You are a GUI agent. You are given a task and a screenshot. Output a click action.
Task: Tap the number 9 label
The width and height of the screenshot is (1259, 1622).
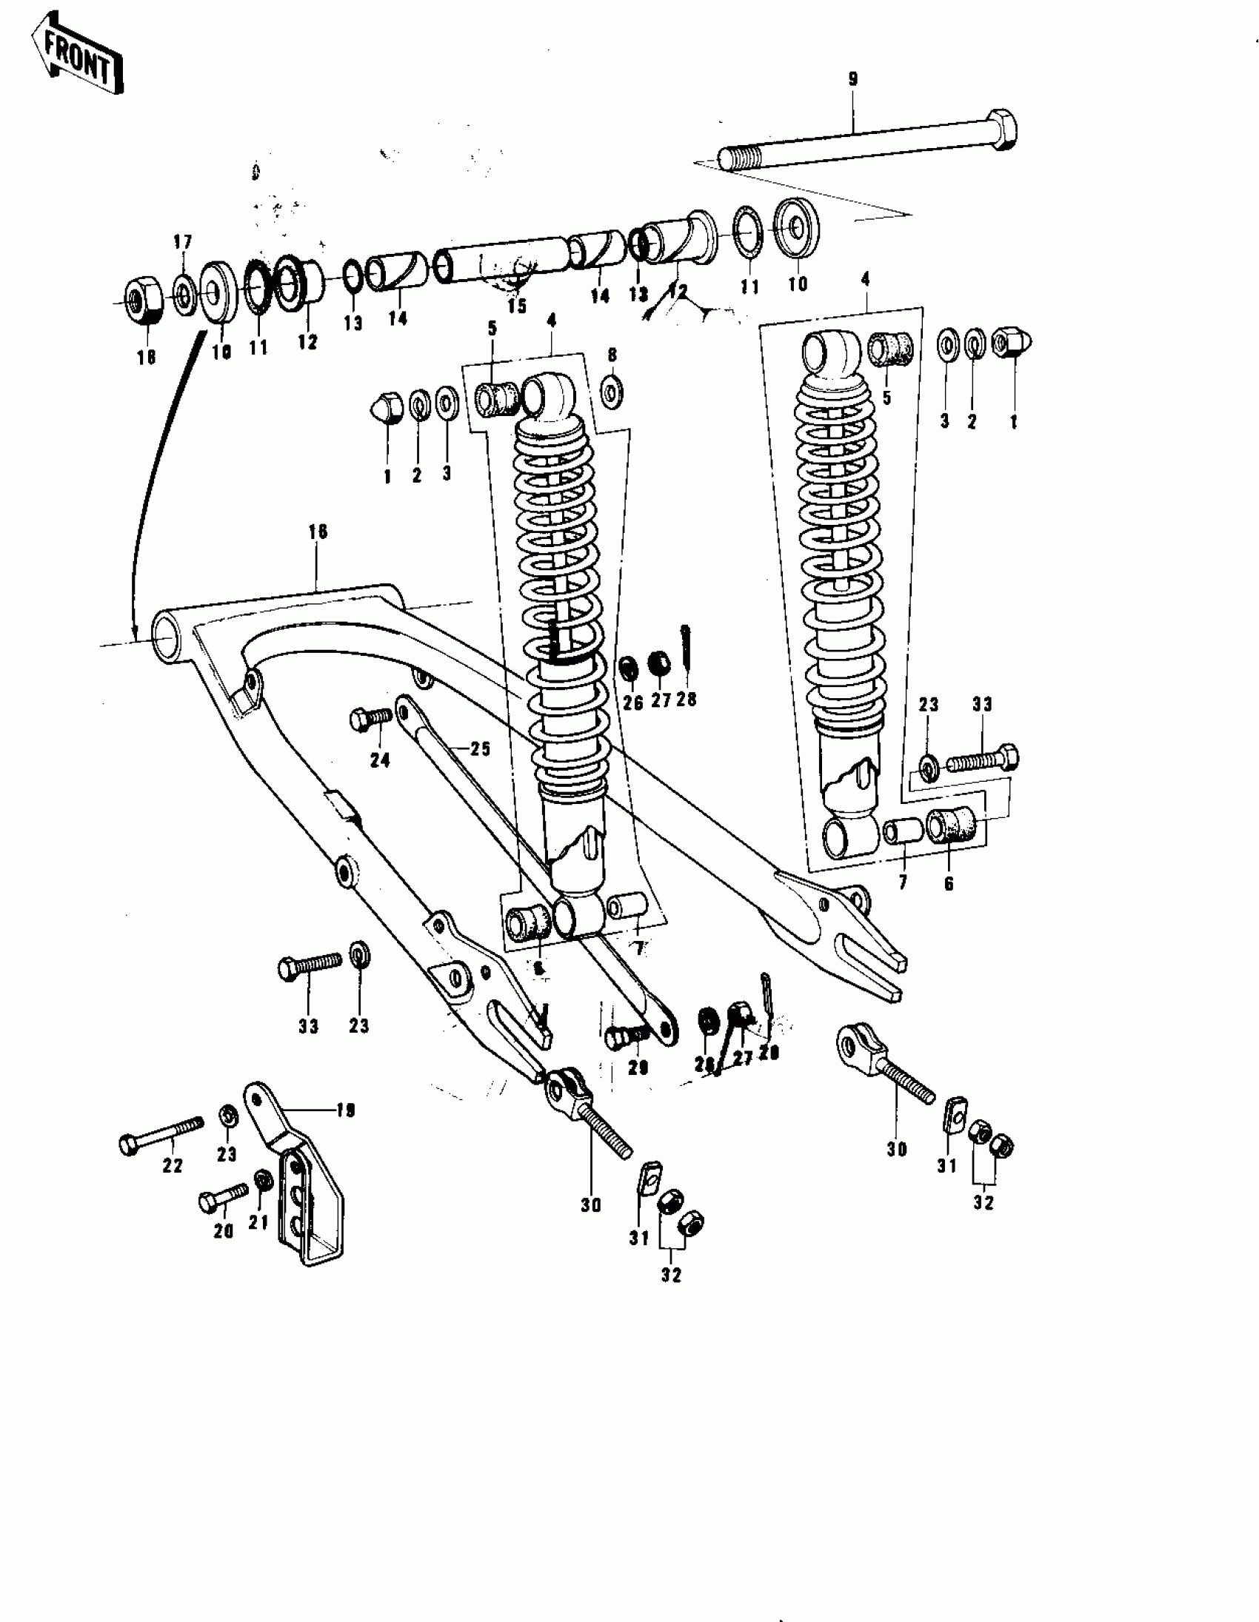coord(852,79)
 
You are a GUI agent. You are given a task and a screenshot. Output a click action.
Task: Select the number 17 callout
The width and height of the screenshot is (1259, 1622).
coord(183,242)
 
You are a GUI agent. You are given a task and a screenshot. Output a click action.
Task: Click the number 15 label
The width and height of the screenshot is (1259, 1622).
coord(516,306)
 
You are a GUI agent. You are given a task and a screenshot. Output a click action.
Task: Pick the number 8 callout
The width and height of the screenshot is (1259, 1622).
coord(612,355)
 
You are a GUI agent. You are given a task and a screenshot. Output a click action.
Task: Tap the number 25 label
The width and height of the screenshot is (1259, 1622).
coord(481,748)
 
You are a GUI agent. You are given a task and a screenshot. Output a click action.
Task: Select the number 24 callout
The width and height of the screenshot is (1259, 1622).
coord(380,760)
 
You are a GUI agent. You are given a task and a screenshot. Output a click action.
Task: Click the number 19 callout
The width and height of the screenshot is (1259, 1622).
coord(345,1110)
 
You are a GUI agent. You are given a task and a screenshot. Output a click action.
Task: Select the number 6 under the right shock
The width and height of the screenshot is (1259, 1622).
coord(949,884)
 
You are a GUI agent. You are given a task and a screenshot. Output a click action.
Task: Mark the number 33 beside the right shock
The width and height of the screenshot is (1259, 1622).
coord(982,704)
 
